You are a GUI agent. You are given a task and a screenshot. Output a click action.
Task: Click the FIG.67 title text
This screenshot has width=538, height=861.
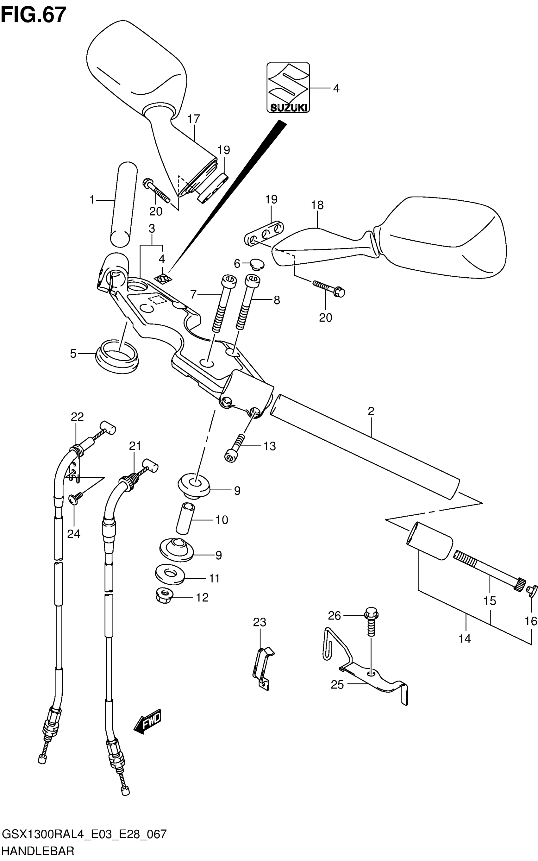[34, 15]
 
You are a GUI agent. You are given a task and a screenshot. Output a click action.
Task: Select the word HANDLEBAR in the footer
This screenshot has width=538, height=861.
[38, 852]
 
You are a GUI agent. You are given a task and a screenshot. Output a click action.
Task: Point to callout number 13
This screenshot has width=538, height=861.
[270, 446]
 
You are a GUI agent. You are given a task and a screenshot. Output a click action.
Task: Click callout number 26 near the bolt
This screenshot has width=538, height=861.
[335, 615]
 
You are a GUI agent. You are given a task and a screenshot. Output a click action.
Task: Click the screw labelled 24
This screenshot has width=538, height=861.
[75, 499]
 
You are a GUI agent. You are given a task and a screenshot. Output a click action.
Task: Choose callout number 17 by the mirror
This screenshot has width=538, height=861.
[194, 118]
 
